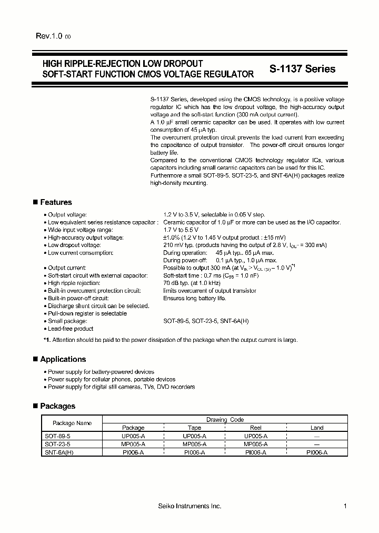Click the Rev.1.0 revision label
click(x=49, y=36)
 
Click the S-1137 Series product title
click(x=302, y=69)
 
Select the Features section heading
click(x=56, y=202)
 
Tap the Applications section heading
click(x=63, y=359)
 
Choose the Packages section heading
click(x=57, y=406)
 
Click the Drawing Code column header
click(x=225, y=420)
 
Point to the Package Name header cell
click(x=72, y=423)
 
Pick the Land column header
click(x=317, y=428)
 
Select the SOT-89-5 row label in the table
click(x=57, y=436)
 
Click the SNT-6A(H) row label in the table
click(x=59, y=452)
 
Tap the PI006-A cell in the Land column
click(x=317, y=452)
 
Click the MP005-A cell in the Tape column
click(x=194, y=444)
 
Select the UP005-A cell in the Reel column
click(x=255, y=436)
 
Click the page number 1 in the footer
click(x=345, y=506)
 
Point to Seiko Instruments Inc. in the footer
click(x=189, y=506)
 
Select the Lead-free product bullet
click(x=71, y=329)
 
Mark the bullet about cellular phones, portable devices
click(x=111, y=379)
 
